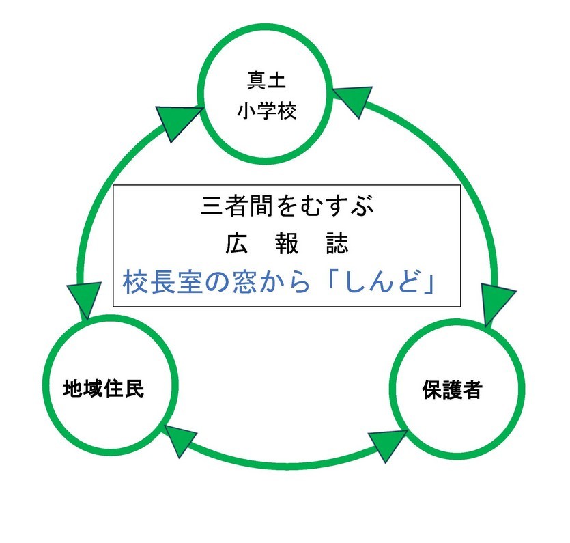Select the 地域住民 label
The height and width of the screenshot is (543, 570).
[104, 389]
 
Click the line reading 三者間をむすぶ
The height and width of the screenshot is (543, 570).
[287, 206]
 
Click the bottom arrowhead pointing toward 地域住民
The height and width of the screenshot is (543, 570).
[179, 441]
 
